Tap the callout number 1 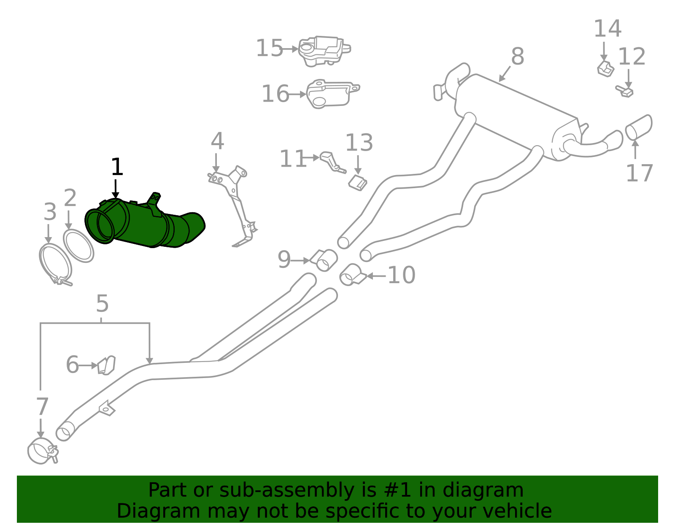(116, 168)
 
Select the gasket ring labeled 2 (78, 246)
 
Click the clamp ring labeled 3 (55, 264)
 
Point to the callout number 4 (217, 141)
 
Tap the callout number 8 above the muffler (517, 56)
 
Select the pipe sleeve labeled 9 (325, 259)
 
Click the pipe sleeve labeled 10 (351, 275)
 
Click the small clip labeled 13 (358, 183)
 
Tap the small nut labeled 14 (605, 69)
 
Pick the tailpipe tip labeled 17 (638, 127)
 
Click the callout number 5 (102, 303)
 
